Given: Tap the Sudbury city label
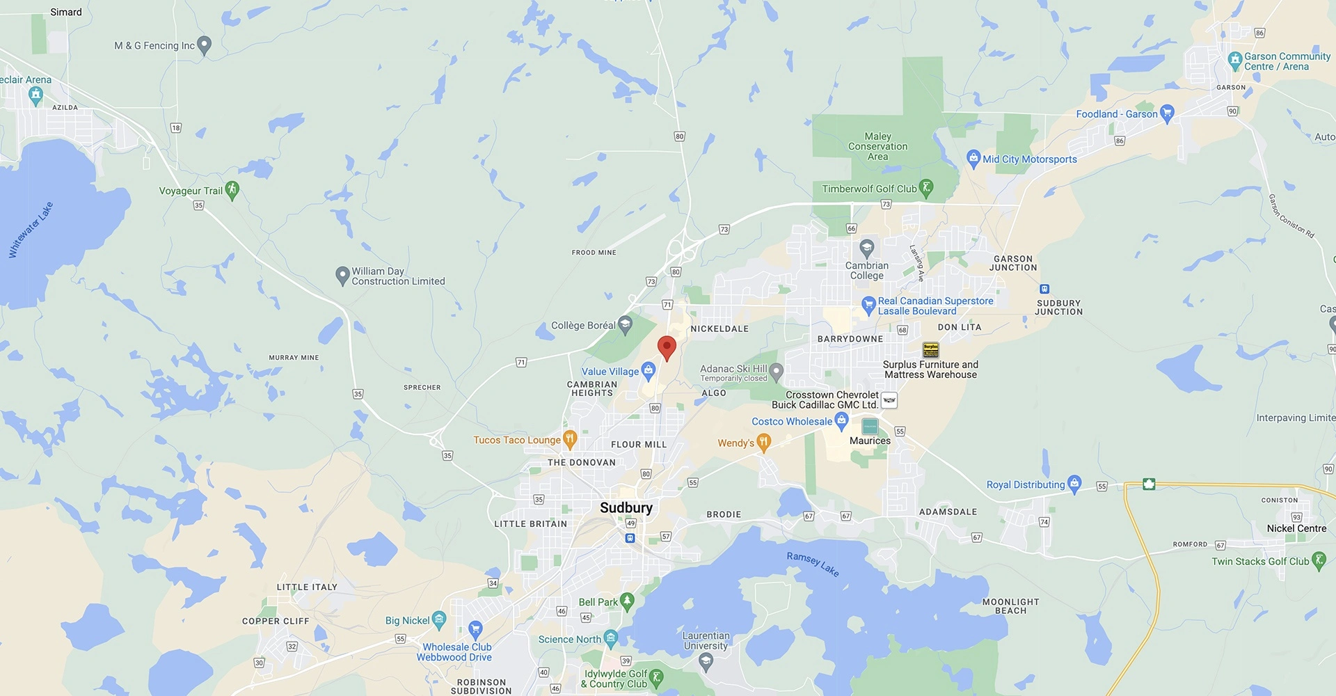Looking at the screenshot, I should coord(626,508).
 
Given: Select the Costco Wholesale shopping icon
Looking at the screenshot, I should coord(841,420).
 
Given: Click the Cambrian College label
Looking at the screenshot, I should coord(866,270).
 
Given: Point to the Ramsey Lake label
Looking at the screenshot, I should coord(813,564).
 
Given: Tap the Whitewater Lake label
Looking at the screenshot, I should coord(31,230).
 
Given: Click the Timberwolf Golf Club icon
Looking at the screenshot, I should coord(925,188).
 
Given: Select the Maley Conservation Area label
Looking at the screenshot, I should coord(877,147).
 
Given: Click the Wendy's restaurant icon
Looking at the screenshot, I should coord(763,442).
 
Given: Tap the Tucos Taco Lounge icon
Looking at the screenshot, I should coord(570,439).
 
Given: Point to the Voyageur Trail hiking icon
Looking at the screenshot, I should coord(232,190).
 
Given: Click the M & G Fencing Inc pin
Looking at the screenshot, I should coord(204,45).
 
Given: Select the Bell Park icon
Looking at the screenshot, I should coord(627,601).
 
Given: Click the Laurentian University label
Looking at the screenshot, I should coord(706,640).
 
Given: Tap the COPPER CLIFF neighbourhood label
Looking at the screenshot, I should coord(276,621).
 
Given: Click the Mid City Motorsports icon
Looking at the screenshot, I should coord(973,159).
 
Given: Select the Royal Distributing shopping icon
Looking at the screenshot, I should coord(1074,484).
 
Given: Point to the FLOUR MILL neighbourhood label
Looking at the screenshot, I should coord(639,444).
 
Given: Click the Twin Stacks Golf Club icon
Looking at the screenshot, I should coord(1319,561).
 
